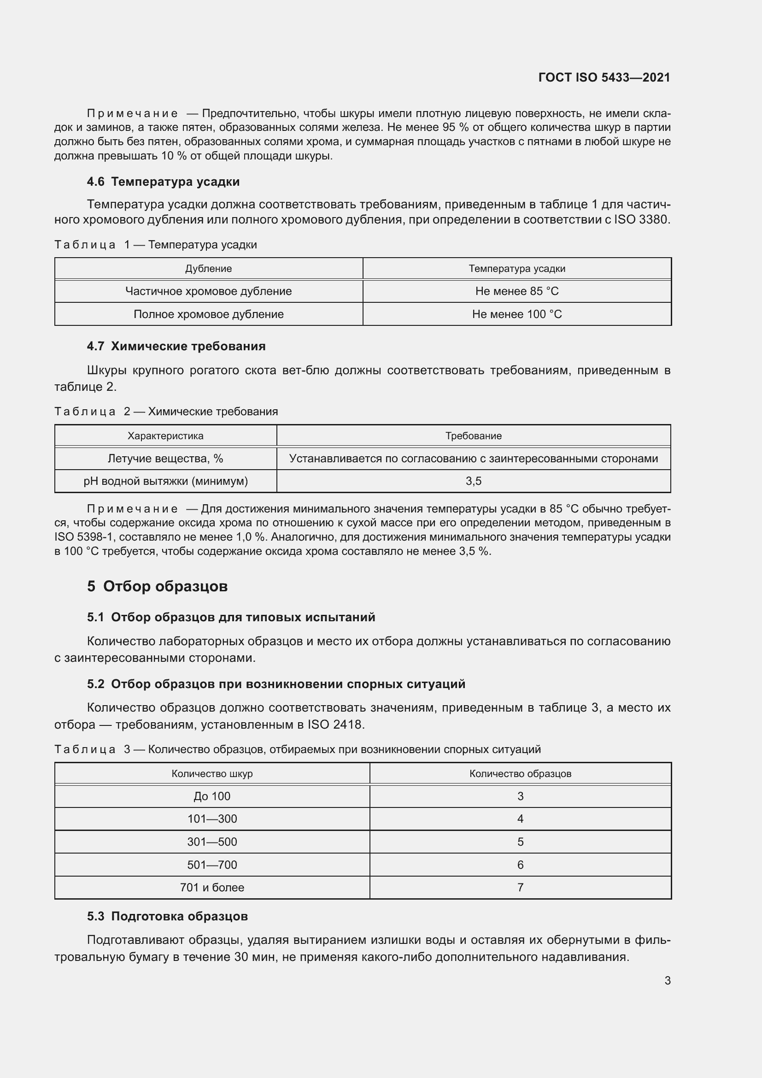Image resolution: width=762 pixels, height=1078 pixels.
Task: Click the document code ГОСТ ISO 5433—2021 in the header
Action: pyautogui.click(x=604, y=77)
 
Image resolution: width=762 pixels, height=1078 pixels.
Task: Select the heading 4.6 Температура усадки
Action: pyautogui.click(x=163, y=182)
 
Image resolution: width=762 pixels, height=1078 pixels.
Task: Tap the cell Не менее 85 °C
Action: pyautogui.click(x=516, y=291)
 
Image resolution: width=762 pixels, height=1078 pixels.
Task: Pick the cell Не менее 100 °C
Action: pyautogui.click(x=516, y=314)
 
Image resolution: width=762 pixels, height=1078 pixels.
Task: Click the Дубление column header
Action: pyautogui.click(x=208, y=269)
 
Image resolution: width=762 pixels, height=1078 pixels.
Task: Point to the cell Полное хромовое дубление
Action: pyautogui.click(x=208, y=314)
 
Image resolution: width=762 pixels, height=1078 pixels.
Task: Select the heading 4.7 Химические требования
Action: pyautogui.click(x=176, y=346)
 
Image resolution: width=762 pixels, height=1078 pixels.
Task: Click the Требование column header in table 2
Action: pyautogui.click(x=473, y=436)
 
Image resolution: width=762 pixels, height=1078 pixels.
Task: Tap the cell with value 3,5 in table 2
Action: pyautogui.click(x=473, y=481)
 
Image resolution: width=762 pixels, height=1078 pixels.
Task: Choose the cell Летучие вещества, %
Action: pyautogui.click(x=165, y=458)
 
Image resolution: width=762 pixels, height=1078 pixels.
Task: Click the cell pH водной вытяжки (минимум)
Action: pyautogui.click(x=165, y=481)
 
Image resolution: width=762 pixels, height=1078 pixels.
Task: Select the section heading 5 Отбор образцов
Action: pyautogui.click(x=157, y=586)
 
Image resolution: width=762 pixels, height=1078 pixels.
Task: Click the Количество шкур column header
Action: pyautogui.click(x=211, y=773)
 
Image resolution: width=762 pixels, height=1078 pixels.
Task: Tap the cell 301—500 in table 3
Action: pyautogui.click(x=211, y=842)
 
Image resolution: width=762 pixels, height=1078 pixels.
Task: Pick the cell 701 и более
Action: pyautogui.click(x=211, y=887)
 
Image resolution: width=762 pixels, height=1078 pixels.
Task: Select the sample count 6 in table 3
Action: pyautogui.click(x=520, y=865)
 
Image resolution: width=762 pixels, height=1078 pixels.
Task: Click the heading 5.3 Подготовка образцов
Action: pyautogui.click(x=167, y=916)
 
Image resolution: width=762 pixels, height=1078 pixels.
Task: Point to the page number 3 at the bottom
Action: pyautogui.click(x=667, y=980)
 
